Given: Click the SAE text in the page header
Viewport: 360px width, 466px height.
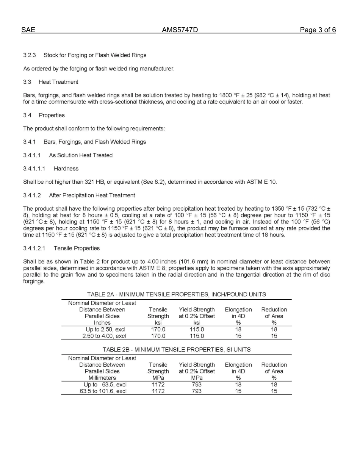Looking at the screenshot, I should (28, 30).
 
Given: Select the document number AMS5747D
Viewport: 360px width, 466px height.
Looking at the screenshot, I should (180, 30).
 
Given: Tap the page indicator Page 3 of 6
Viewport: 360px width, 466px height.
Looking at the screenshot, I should (318, 30).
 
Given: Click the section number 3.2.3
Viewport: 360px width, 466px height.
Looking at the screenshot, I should (30, 55).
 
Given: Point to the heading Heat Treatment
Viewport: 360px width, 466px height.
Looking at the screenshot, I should (58, 82).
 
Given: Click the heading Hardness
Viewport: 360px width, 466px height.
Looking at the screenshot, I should (66, 169).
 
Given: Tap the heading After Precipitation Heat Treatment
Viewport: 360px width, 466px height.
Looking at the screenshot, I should (92, 195).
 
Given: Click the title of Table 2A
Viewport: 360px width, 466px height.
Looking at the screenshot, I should (176, 294).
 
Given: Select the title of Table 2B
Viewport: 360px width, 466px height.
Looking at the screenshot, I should (176, 350).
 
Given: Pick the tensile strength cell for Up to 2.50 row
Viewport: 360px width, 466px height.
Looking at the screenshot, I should (158, 330).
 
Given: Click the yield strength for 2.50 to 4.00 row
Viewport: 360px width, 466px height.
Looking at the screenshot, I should (197, 336).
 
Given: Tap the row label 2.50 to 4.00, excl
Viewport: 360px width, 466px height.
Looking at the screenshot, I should (104, 336).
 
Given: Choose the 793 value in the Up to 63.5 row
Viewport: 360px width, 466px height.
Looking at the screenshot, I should (197, 385).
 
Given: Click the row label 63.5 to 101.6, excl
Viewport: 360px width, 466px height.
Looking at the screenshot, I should (103, 391).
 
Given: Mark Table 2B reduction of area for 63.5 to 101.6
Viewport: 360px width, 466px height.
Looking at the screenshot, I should (274, 391).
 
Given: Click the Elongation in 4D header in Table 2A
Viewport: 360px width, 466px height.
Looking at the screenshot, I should (238, 313).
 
